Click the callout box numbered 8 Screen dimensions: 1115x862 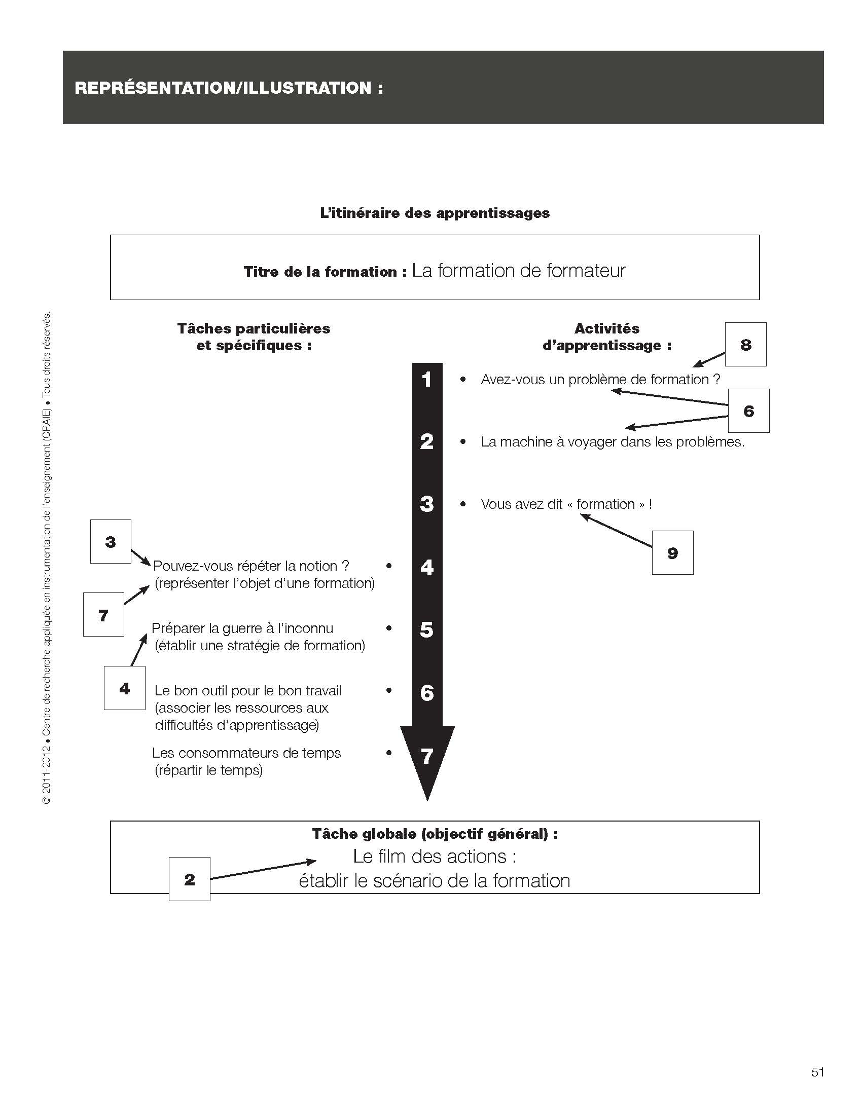745,345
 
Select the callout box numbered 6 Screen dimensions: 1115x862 748,411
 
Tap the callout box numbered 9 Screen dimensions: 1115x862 672,553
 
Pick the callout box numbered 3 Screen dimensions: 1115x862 111,542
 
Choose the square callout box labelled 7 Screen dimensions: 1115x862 103,615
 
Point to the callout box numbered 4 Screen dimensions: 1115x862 125,688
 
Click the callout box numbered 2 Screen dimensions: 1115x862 190,879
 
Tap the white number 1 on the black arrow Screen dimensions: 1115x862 427,379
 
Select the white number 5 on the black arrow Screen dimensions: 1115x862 427,629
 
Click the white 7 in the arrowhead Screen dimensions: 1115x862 427,756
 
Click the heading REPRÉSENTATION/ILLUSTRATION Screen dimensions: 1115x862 229,88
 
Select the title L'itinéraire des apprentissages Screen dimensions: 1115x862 435,213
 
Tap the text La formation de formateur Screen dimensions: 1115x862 518,271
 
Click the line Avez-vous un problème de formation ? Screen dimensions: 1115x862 600,379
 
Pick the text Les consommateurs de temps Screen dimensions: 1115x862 246,753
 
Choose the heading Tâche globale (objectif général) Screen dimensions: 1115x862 435,834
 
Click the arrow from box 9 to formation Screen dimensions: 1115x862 617,531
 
